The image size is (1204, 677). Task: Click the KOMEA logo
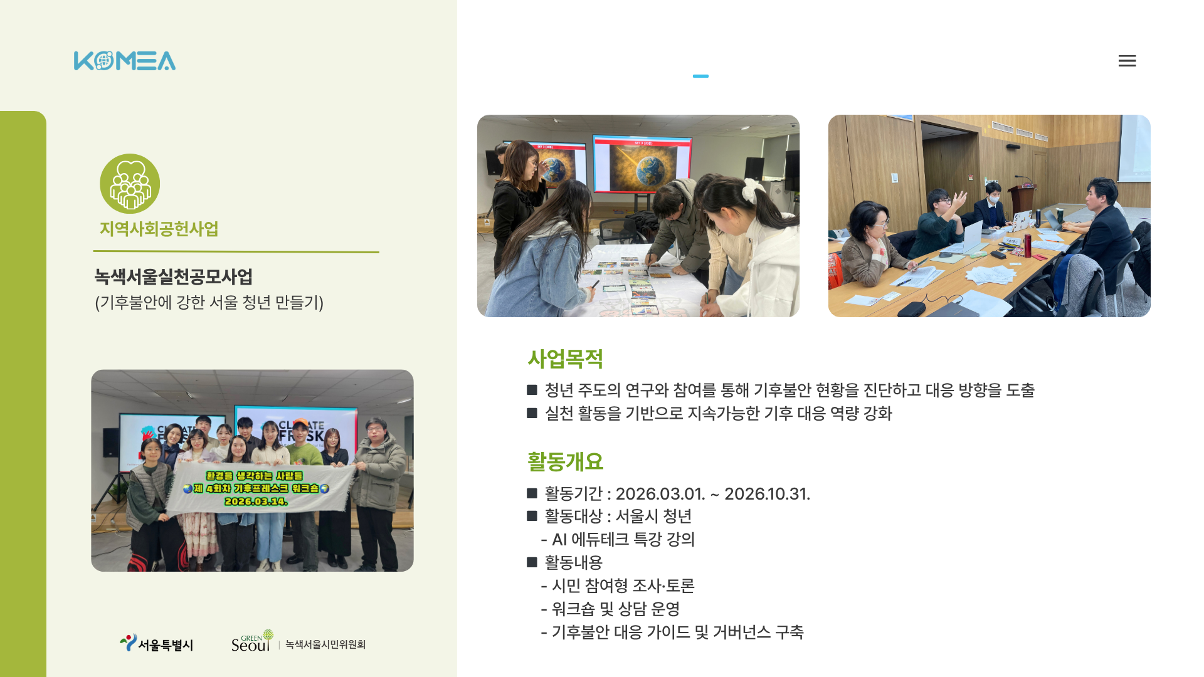[125, 61]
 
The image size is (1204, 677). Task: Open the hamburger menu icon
[1127, 61]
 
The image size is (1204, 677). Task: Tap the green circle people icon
[130, 184]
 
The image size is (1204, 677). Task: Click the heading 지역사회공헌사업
[159, 229]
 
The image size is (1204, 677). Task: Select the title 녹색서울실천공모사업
[174, 276]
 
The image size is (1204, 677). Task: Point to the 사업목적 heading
[565, 359]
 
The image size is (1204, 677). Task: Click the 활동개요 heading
[565, 462]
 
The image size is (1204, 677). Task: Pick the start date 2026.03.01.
[660, 494]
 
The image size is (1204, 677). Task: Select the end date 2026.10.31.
[767, 494]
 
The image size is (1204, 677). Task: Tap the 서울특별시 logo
[157, 643]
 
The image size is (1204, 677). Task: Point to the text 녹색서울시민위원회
[325, 644]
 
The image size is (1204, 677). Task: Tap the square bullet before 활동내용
[532, 562]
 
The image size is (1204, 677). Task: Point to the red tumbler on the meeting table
[1028, 246]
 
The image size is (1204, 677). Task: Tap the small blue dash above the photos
[700, 76]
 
